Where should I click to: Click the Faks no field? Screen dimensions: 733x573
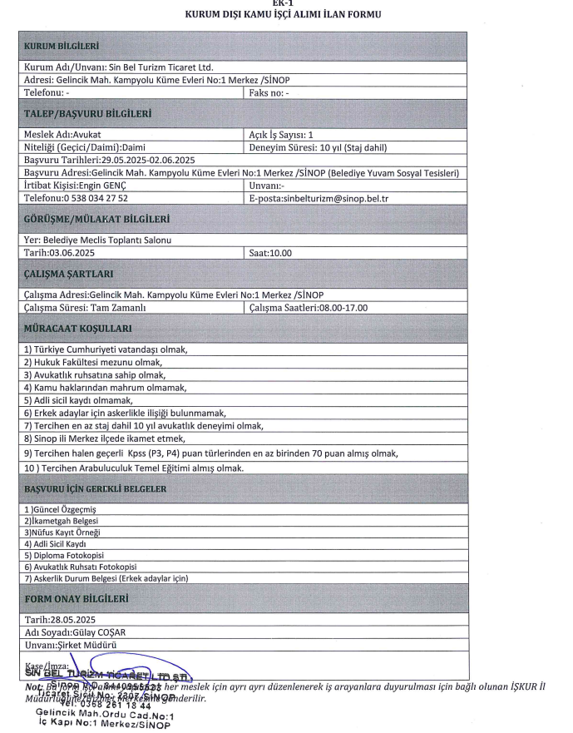269,94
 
